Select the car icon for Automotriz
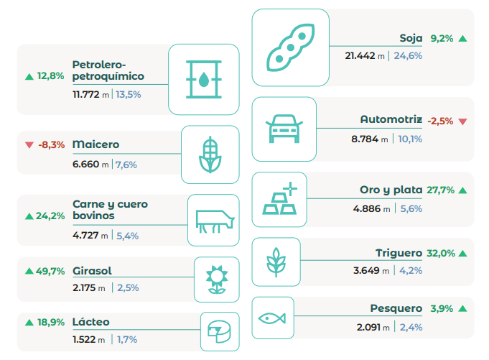[284, 129]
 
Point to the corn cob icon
[210, 154]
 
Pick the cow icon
[213, 219]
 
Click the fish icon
[272, 317]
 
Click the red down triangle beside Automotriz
[462, 121]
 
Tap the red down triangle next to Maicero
[29, 144]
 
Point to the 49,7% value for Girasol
[50, 271]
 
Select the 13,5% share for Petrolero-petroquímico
[129, 94]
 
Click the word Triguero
[399, 253]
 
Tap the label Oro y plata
[391, 190]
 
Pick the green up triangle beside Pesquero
[462, 308]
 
